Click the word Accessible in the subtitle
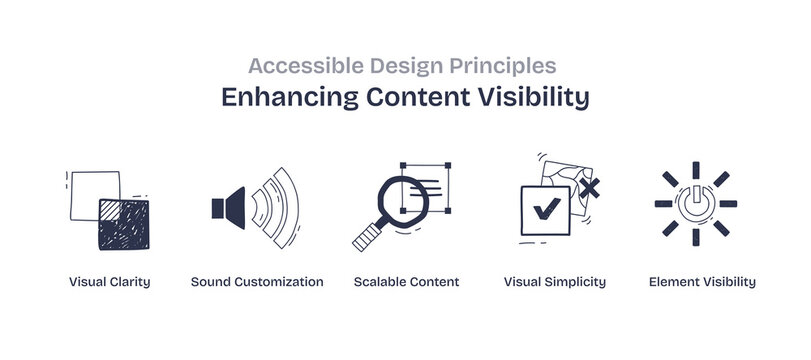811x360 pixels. [296, 66]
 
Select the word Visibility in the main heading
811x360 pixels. [533, 98]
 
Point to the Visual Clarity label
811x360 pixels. [110, 282]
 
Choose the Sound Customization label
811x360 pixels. [257, 282]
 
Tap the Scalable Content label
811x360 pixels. [406, 282]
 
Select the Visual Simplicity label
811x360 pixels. [554, 282]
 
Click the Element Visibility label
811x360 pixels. [702, 282]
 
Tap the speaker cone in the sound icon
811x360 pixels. [229, 207]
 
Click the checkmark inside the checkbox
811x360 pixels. [545, 210]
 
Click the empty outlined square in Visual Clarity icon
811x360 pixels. [90, 190]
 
